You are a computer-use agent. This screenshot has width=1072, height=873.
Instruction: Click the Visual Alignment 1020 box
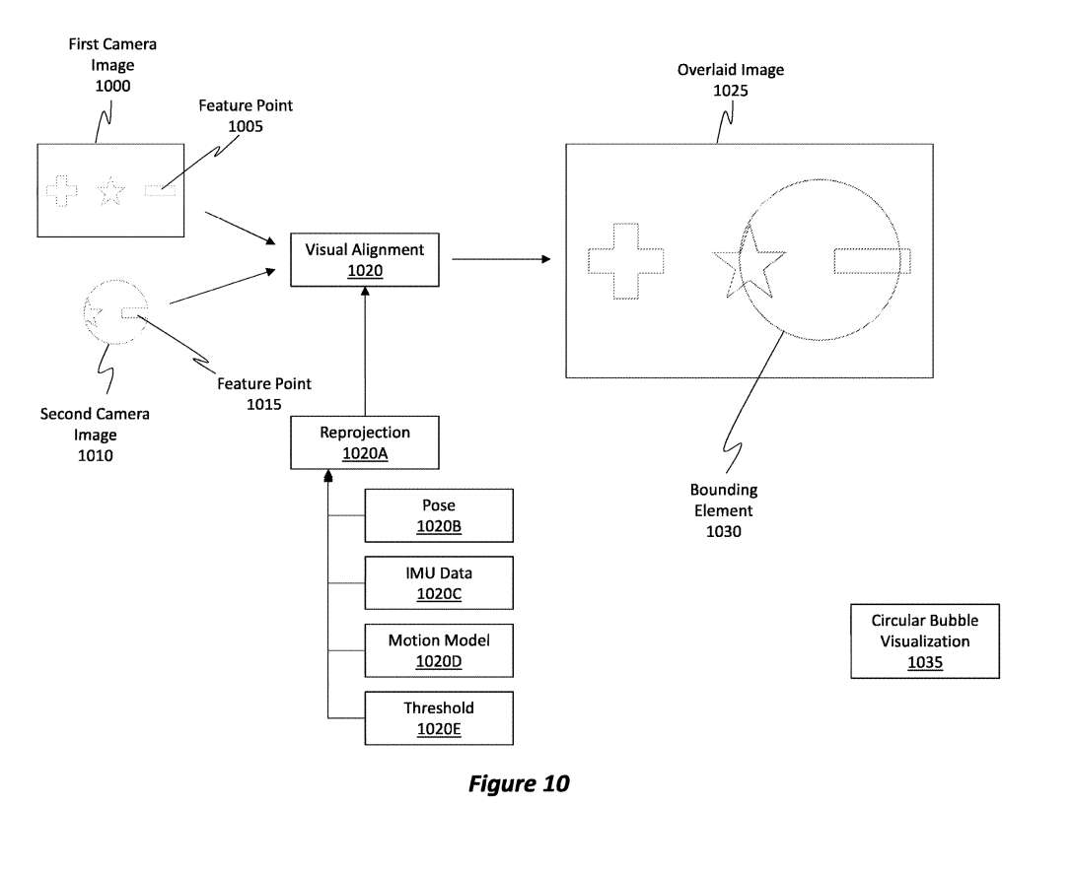[x=364, y=260]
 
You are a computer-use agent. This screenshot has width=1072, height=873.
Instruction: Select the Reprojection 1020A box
[x=364, y=442]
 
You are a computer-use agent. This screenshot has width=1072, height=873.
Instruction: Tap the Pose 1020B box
[x=439, y=515]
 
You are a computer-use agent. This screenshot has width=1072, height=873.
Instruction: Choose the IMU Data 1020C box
[x=439, y=582]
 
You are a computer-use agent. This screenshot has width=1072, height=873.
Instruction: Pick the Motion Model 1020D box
[x=439, y=650]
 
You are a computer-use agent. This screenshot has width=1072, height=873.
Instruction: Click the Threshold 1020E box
[x=439, y=717]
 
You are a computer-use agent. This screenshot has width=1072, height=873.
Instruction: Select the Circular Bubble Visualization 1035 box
[x=925, y=641]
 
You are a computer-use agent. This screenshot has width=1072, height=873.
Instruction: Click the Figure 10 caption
[x=519, y=784]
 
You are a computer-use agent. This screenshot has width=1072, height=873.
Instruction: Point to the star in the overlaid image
[x=749, y=261]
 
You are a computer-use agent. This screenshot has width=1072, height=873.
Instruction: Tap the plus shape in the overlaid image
[x=626, y=261]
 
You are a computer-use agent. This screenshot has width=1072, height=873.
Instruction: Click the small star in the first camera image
[x=111, y=191]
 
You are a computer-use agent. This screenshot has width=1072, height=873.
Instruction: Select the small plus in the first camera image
[x=61, y=191]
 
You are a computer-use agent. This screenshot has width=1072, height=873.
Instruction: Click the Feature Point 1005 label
[x=246, y=115]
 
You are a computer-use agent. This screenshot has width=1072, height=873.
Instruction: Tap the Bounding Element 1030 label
[x=723, y=510]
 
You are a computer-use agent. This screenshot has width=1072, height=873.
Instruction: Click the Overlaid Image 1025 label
[x=730, y=80]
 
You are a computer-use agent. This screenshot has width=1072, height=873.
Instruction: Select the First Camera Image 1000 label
[x=112, y=65]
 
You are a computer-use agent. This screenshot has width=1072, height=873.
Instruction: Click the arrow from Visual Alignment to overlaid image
[x=501, y=259]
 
